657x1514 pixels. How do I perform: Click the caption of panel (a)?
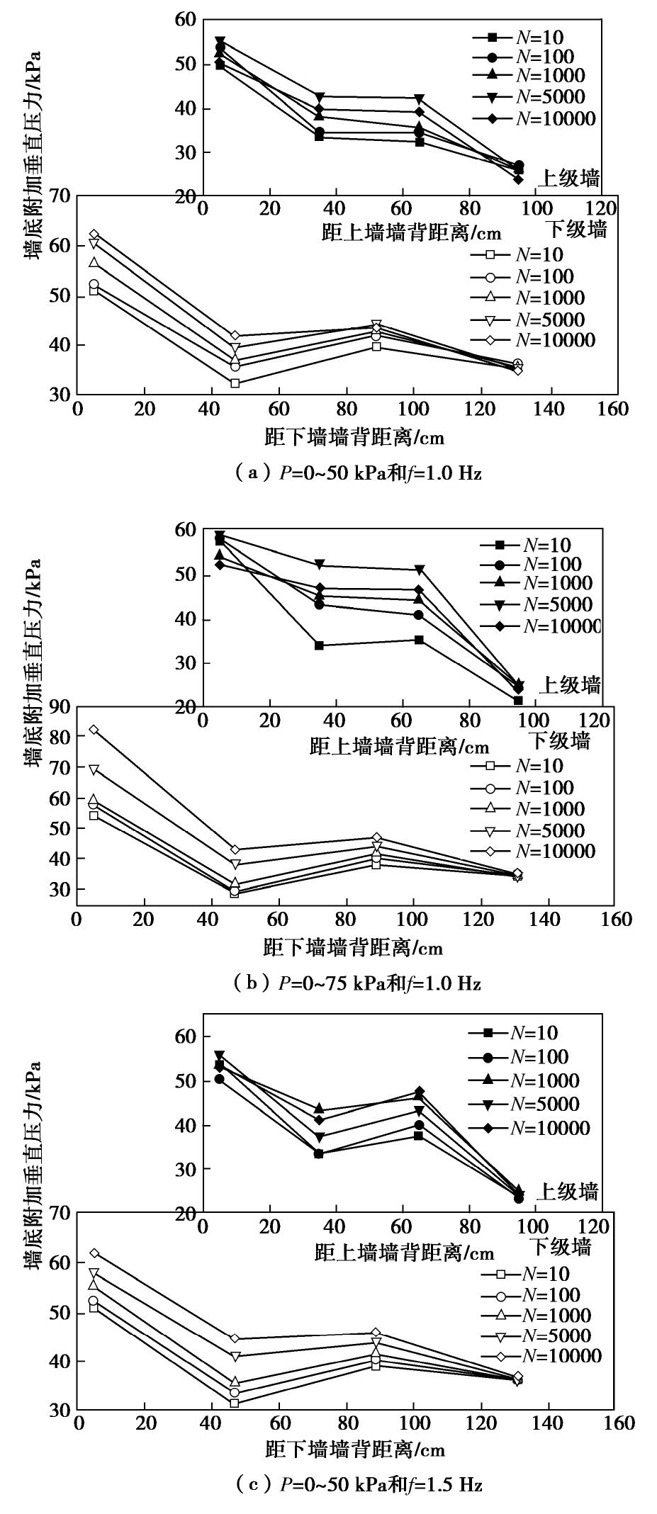click(357, 473)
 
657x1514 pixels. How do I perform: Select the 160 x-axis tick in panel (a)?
click(613, 409)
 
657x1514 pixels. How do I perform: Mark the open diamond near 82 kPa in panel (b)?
click(93, 729)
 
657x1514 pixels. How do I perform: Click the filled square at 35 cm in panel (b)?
click(319, 645)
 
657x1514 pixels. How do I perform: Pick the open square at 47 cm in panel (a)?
click(235, 383)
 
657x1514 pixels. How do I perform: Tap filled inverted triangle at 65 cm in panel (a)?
click(419, 98)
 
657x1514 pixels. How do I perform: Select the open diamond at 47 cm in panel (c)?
click(235, 1338)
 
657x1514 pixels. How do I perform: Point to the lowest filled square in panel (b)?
click(518, 701)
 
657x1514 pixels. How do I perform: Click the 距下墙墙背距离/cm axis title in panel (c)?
click(355, 1450)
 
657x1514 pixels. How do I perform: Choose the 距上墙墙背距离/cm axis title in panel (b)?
click(399, 746)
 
